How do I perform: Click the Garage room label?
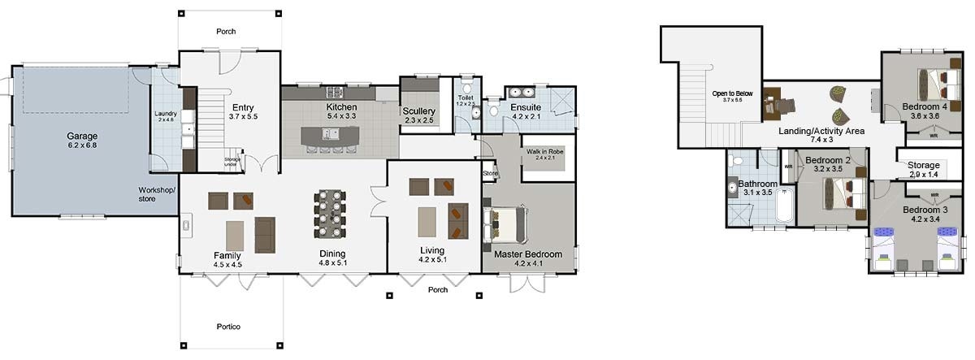pyautogui.click(x=83, y=136)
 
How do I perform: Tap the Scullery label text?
pyautogui.click(x=419, y=111)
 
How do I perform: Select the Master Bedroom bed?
pyautogui.click(x=507, y=224)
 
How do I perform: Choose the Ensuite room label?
pyautogui.click(x=526, y=106)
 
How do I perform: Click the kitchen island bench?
pyautogui.click(x=328, y=137)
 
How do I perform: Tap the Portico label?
pyautogui.click(x=229, y=327)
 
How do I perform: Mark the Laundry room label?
pyautogui.click(x=165, y=114)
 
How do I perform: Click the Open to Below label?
pyautogui.click(x=733, y=93)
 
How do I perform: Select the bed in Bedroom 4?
pyautogui.click(x=939, y=83)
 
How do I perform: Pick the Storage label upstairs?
pyautogui.click(x=923, y=165)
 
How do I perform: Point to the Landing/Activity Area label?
pyautogui.click(x=821, y=130)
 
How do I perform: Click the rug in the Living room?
pyautogui.click(x=427, y=220)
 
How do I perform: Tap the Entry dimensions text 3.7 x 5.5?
pyautogui.click(x=243, y=117)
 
